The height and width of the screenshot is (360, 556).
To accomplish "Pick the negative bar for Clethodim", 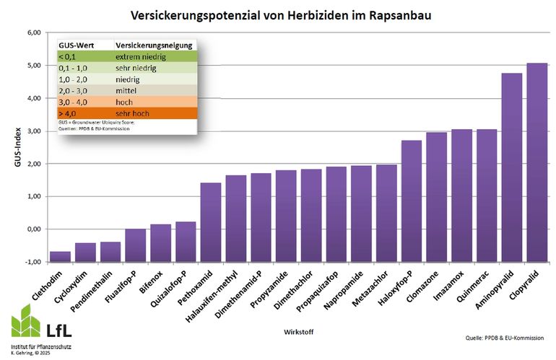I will (60, 256).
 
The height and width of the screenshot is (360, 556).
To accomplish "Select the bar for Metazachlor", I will (386, 213).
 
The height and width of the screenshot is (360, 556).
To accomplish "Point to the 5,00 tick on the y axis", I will (34, 66).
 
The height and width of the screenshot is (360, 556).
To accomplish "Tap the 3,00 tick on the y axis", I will (34, 131).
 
